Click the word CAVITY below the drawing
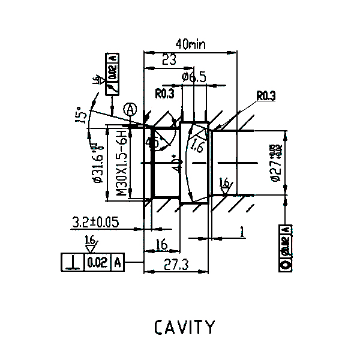click(184, 328)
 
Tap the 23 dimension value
click(169, 59)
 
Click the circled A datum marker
click(131, 109)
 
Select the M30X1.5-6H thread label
click(121, 163)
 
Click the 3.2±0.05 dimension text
click(95, 222)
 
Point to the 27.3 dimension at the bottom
click(175, 264)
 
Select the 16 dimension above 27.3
click(161, 244)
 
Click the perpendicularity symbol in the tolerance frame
click(73, 263)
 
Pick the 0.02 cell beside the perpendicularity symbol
click(97, 263)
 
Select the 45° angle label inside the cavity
click(154, 143)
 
